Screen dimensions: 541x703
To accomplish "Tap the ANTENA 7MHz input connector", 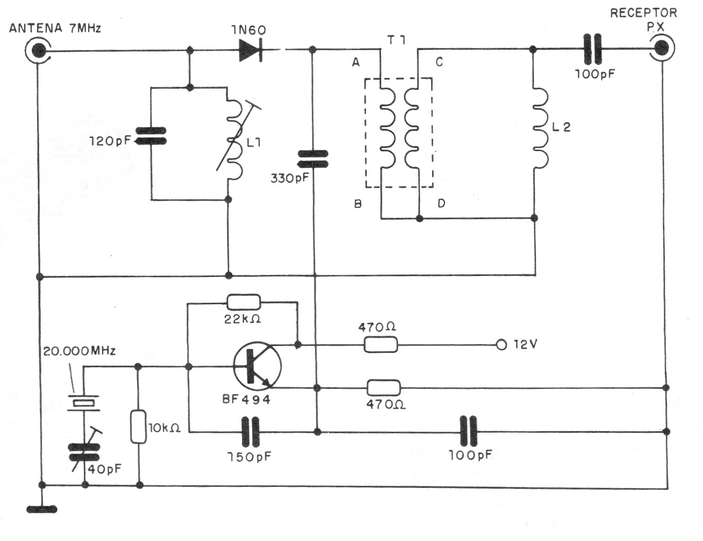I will coord(38,51).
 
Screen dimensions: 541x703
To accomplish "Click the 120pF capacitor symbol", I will coord(151,137).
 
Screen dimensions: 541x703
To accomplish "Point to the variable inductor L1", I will coord(235,142).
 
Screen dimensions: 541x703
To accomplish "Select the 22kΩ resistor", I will coord(243,302).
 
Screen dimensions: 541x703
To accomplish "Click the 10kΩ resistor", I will coord(138,427).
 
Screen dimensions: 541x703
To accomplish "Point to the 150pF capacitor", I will coord(251,432).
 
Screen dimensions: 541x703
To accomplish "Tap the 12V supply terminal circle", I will coord(501,345).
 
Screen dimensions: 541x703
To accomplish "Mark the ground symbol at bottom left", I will coord(42,509).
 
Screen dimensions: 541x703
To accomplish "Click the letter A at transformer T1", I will coord(355,62).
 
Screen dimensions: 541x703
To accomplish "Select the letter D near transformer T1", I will coord(441,203).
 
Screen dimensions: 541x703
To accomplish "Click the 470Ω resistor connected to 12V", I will coord(381,345).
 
